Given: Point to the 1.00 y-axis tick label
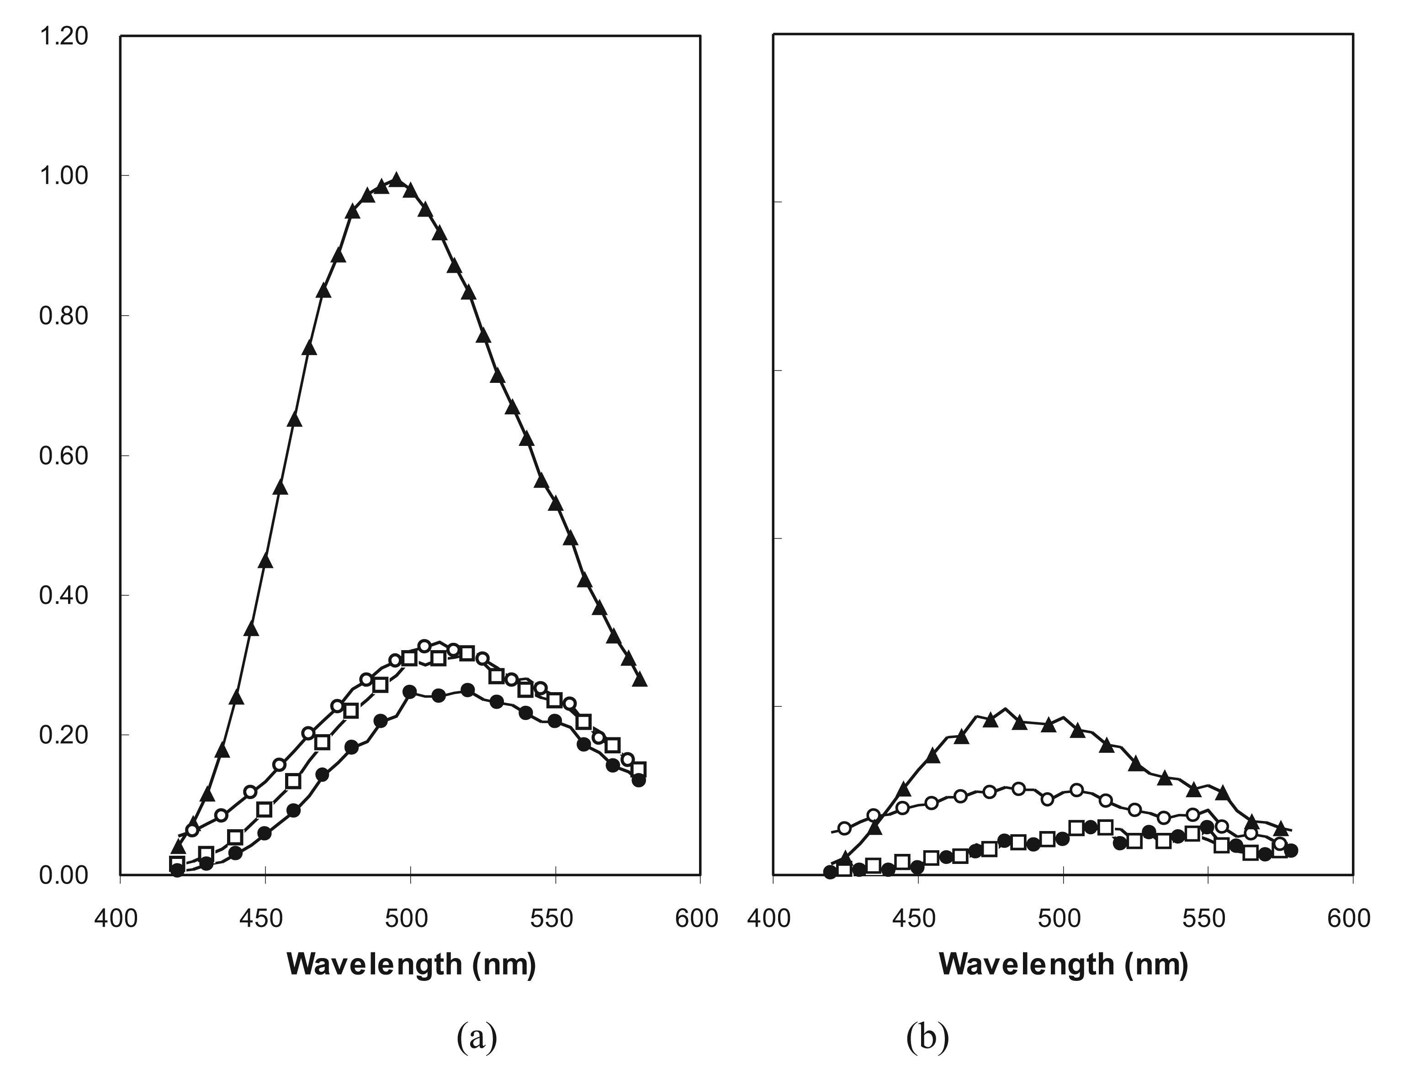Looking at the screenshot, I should [64, 176].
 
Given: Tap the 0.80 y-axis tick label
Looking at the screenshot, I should [64, 316].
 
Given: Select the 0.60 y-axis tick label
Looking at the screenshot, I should [64, 456].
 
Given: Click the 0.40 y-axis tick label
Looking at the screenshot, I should [64, 595].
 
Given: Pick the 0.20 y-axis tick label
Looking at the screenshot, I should [64, 735].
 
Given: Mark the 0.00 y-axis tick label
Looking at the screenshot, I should [64, 875].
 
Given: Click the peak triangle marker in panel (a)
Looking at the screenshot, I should [397, 180].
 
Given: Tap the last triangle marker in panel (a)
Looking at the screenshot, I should [640, 679].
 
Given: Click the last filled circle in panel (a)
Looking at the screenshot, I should [638, 780].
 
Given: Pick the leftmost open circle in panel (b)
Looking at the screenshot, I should [844, 827].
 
